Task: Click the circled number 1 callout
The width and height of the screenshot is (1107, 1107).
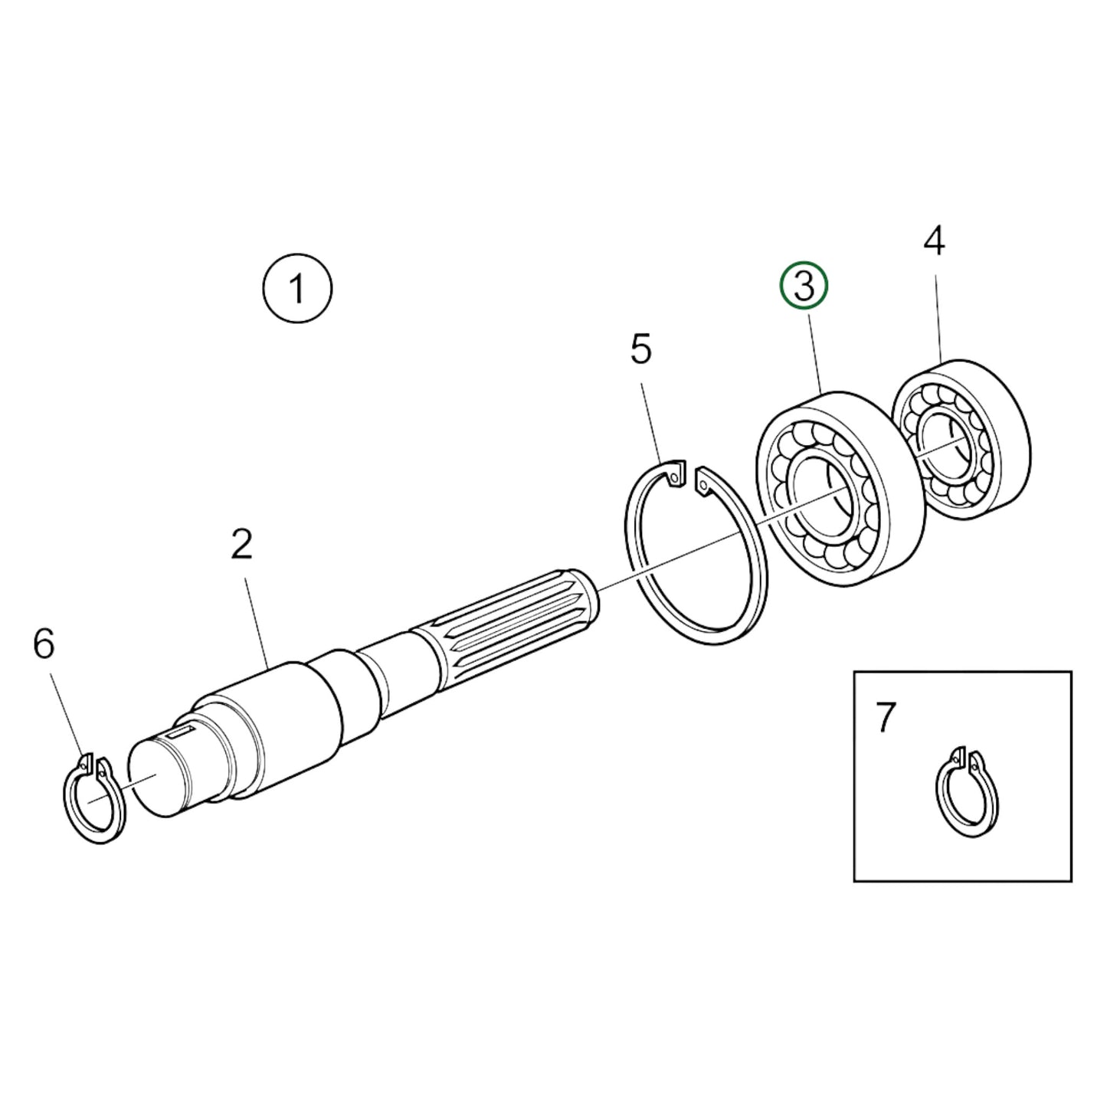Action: coord(297,290)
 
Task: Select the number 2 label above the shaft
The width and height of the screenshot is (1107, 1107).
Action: coord(241,544)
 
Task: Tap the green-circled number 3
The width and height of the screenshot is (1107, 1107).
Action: coord(804,287)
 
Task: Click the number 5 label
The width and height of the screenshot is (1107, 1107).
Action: coord(640,349)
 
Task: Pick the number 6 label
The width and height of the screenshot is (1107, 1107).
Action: coord(44,644)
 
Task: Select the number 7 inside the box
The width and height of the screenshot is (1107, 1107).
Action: coord(885,718)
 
